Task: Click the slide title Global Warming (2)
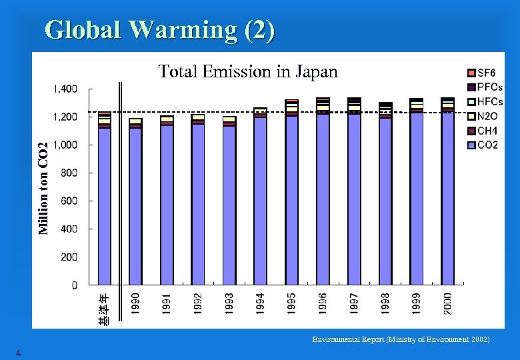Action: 159,30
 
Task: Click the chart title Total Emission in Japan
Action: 248,71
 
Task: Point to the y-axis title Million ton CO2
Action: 43,189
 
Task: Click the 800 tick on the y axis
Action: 69,173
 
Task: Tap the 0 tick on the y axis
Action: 74,285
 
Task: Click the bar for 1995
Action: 291,193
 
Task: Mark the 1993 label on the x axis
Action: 229,303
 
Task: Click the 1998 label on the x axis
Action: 385,303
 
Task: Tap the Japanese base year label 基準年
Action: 105,309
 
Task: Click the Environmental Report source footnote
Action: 401,339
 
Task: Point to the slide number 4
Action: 19,353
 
